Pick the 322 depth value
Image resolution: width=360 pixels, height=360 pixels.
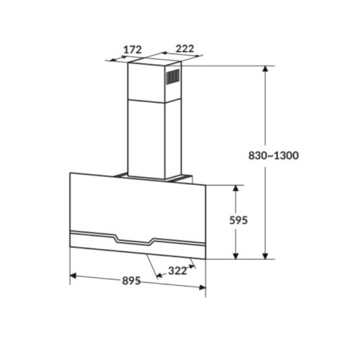point(177,271)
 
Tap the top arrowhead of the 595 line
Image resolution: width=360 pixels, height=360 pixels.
point(237,187)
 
